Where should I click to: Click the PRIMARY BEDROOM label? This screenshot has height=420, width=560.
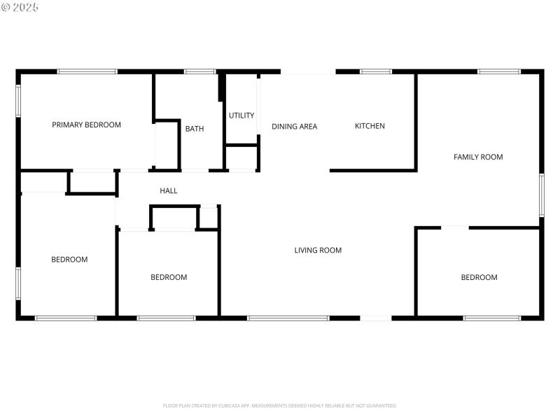(x=86, y=125)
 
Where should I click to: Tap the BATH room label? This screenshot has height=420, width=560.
(x=195, y=129)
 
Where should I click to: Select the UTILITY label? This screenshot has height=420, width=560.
(x=241, y=115)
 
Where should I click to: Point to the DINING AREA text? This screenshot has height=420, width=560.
(x=294, y=127)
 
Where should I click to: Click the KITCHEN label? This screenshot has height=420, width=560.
(x=370, y=126)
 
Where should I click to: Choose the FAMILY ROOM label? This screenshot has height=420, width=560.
(x=478, y=157)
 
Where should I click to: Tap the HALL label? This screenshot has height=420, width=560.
(x=169, y=190)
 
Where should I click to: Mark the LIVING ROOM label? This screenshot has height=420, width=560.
(x=318, y=250)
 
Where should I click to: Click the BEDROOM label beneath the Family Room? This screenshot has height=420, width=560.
(x=479, y=277)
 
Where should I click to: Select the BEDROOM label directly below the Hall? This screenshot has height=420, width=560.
(x=169, y=277)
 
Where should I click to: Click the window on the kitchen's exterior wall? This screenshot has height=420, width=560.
(x=376, y=71)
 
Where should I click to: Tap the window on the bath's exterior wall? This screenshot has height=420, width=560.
(x=200, y=71)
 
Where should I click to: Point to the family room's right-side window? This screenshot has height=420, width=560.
(x=541, y=195)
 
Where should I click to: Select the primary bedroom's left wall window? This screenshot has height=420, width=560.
(x=19, y=101)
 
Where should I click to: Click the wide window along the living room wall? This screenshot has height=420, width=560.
(x=288, y=318)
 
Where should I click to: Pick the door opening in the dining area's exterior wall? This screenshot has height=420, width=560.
(x=308, y=71)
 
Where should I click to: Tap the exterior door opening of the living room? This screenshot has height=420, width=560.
(x=376, y=318)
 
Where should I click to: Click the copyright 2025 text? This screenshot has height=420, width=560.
(x=20, y=7)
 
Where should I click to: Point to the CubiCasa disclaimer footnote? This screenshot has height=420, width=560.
(x=280, y=405)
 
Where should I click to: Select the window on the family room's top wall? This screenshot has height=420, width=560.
(x=499, y=71)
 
